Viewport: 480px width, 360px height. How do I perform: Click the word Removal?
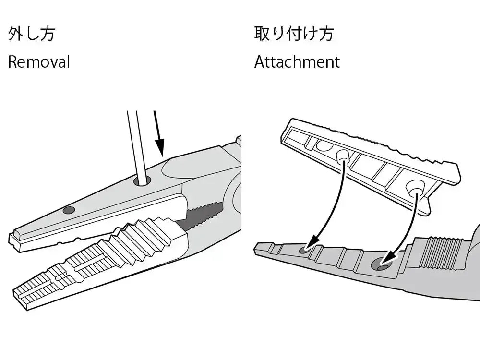tap(39, 62)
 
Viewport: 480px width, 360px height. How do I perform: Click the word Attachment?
tap(297, 62)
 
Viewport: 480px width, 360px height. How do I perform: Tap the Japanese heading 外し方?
tap(31, 34)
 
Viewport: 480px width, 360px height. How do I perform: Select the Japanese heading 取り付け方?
tap(294, 34)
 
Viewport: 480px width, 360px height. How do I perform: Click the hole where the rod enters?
tap(143, 181)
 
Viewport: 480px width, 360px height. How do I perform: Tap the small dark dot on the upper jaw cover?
tap(69, 210)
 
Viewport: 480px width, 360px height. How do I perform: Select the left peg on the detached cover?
tap(342, 155)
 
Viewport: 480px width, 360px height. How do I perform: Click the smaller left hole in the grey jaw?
tap(304, 250)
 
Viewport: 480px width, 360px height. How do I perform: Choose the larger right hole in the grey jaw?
tap(381, 265)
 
